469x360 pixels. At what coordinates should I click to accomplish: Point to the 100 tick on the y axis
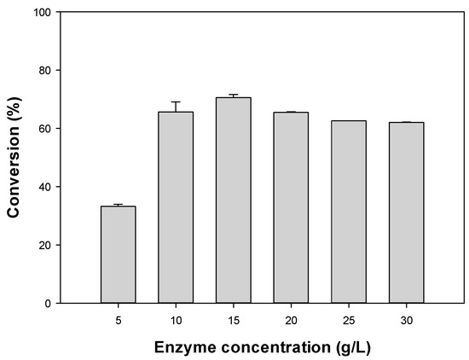tap(40, 12)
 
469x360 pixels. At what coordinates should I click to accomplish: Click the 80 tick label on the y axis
tap(43, 70)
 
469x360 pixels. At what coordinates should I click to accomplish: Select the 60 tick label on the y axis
tap(43, 128)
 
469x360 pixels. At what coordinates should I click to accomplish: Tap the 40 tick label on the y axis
tap(43, 187)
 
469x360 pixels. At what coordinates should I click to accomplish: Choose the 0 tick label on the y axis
tap(47, 303)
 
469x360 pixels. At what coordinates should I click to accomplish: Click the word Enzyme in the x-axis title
tap(182, 347)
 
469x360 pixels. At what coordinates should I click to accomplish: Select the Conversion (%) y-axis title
tap(14, 158)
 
